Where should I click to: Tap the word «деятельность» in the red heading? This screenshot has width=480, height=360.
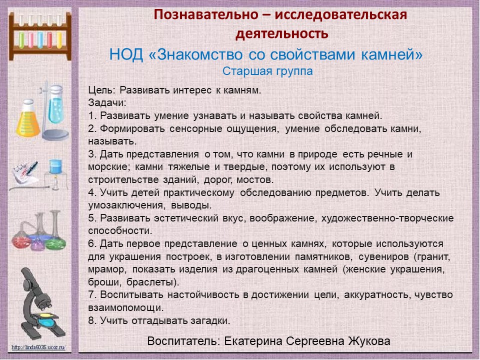pyautogui.click(x=282, y=33)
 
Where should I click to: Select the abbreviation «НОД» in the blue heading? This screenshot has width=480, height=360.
pyautogui.click(x=126, y=54)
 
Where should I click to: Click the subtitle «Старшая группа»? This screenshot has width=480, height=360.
pyautogui.click(x=267, y=71)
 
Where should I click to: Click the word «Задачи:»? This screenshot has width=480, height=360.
pyautogui.click(x=107, y=103)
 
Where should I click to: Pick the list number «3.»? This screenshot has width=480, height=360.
pyautogui.click(x=93, y=154)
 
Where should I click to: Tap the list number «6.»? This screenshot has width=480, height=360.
pyautogui.click(x=93, y=243)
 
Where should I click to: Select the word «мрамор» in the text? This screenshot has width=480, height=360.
pyautogui.click(x=107, y=269)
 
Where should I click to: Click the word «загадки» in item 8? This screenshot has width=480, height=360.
pyautogui.click(x=210, y=321)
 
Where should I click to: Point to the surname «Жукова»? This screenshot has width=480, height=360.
pyautogui.click(x=369, y=341)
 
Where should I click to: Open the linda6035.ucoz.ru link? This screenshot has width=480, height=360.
pyautogui.click(x=38, y=347)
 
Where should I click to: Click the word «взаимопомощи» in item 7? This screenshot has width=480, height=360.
pyautogui.click(x=126, y=308)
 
